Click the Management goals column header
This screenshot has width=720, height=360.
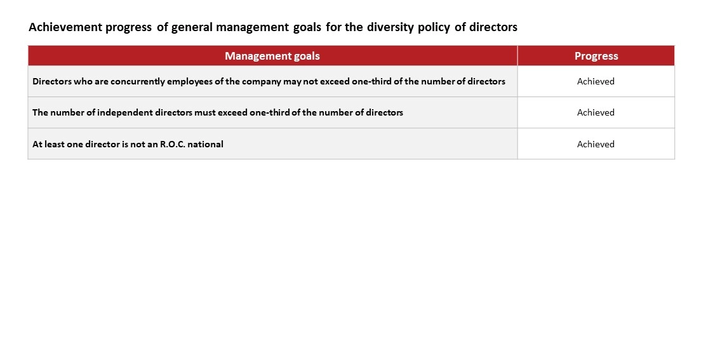pyautogui.click(x=272, y=56)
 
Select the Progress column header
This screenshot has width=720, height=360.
pyautogui.click(x=596, y=56)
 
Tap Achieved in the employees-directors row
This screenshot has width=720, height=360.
pyautogui.click(x=596, y=81)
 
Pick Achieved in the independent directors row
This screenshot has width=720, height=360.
pyautogui.click(x=596, y=112)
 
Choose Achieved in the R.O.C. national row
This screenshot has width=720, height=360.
pyautogui.click(x=596, y=144)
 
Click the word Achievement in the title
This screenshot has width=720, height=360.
pyautogui.click(x=65, y=27)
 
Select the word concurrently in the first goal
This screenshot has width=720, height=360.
pyautogui.click(x=137, y=82)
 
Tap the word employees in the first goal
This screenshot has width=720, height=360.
pyautogui.click(x=190, y=82)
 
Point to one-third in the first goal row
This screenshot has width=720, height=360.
pyautogui.click(x=371, y=81)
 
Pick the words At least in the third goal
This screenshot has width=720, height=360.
pyautogui.click(x=45, y=144)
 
